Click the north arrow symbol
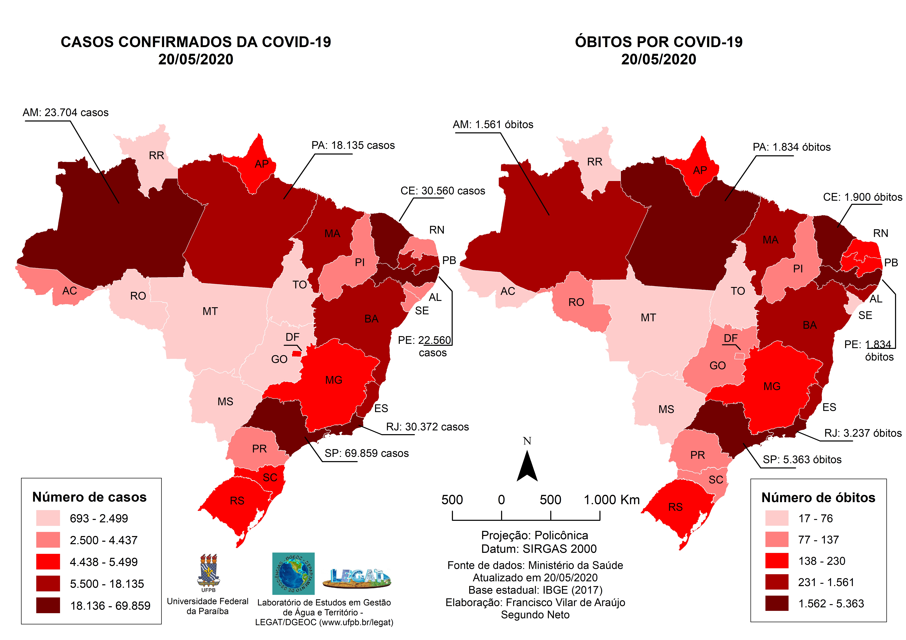point(527,467)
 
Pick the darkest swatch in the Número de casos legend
point(48,605)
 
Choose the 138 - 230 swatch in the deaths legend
point(777,561)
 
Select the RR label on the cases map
point(156,156)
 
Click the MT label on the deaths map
point(648,318)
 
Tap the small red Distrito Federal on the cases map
point(296,354)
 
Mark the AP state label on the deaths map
point(700,170)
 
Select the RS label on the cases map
point(237,501)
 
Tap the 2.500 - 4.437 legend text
point(103,540)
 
